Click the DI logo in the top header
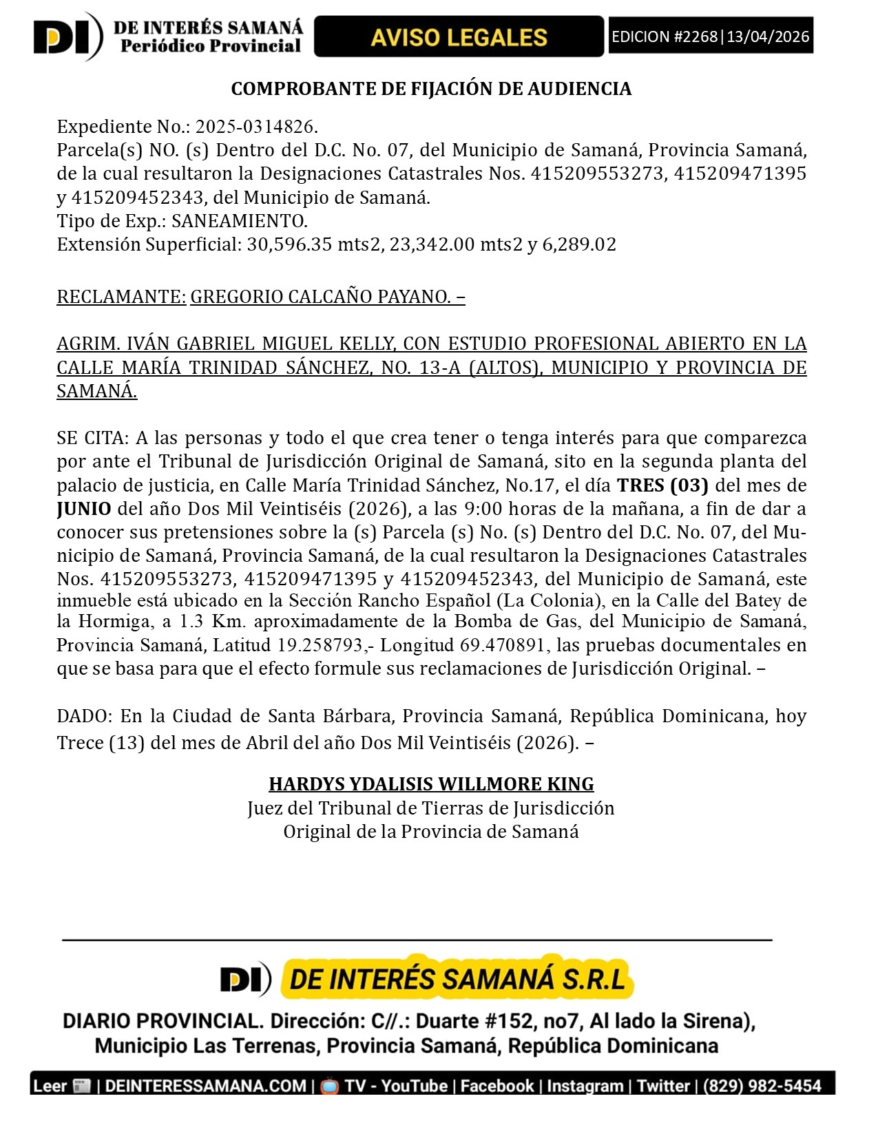[x=67, y=37]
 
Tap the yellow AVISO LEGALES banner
[x=459, y=37]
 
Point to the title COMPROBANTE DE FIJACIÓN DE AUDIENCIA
[x=431, y=89]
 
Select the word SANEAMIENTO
[x=238, y=221]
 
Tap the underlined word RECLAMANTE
[x=121, y=297]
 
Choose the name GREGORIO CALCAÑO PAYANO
[x=320, y=297]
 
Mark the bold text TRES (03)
[x=662, y=485]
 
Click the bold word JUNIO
[x=84, y=509]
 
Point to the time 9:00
[x=483, y=509]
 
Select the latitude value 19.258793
[x=320, y=645]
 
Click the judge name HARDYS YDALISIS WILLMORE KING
[x=431, y=784]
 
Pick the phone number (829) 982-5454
[x=762, y=1086]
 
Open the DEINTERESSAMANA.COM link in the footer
[x=205, y=1086]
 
